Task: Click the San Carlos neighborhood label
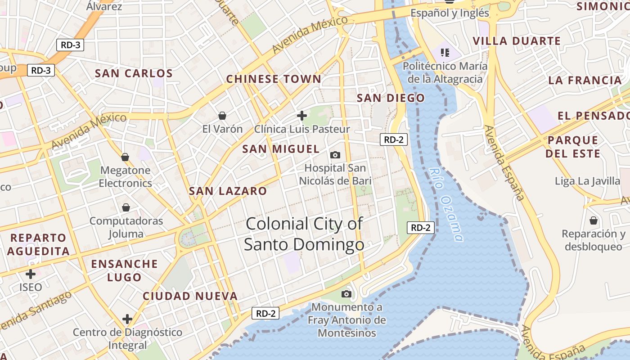(134, 73)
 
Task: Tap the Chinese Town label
(274, 79)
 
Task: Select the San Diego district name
(391, 98)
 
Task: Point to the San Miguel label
(281, 149)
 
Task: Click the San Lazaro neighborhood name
(228, 191)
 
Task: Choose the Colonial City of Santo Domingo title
(304, 234)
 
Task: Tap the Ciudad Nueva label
(190, 296)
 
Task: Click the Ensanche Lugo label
(125, 270)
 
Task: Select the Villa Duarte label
(517, 41)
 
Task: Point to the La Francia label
(585, 81)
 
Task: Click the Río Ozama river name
(446, 204)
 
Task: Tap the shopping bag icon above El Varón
(222, 116)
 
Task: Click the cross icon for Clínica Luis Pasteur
(302, 116)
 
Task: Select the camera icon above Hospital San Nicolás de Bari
(335, 155)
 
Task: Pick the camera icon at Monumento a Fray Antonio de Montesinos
(346, 294)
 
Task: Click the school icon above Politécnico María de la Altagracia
(445, 53)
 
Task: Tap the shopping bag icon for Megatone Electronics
(125, 157)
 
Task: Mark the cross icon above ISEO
(31, 274)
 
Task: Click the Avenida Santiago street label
(36, 311)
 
